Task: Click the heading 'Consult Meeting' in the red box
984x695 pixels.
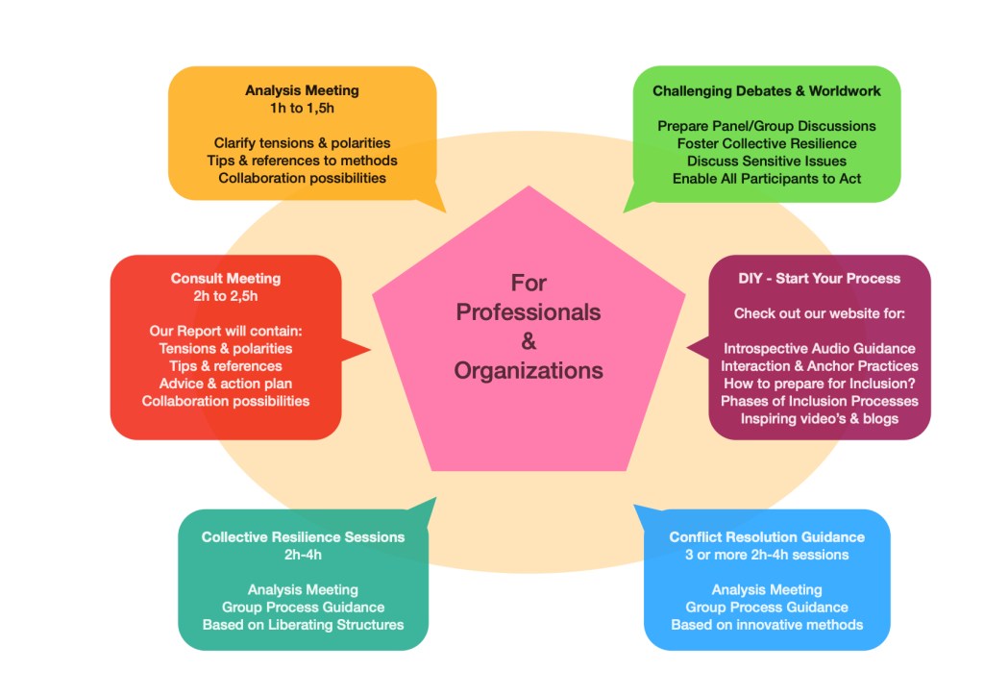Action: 226,279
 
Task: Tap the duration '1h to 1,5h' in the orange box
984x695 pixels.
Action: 302,108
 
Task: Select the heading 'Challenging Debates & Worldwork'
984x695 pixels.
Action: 766,91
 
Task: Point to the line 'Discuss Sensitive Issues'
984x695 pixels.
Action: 767,161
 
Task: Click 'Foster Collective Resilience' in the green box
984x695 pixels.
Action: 767,143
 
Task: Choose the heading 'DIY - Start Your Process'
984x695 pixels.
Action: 819,279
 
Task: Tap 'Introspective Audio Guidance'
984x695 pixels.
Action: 819,348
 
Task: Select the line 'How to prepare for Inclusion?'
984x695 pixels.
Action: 819,383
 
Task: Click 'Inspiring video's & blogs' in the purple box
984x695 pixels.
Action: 819,418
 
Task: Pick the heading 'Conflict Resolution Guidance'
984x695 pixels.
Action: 767,537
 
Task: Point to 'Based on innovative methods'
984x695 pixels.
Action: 767,625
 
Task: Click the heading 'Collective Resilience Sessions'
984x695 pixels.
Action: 303,537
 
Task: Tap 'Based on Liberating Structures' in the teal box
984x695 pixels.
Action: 303,625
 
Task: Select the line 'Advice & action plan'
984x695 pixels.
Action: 226,384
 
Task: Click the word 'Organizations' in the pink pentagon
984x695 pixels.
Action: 529,370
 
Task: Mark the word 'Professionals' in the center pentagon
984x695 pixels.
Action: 529,312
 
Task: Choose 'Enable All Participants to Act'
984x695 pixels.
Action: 767,178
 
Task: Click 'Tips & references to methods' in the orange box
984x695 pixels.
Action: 302,161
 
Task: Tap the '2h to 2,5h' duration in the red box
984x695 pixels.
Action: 226,296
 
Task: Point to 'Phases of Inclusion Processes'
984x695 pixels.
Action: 819,401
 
